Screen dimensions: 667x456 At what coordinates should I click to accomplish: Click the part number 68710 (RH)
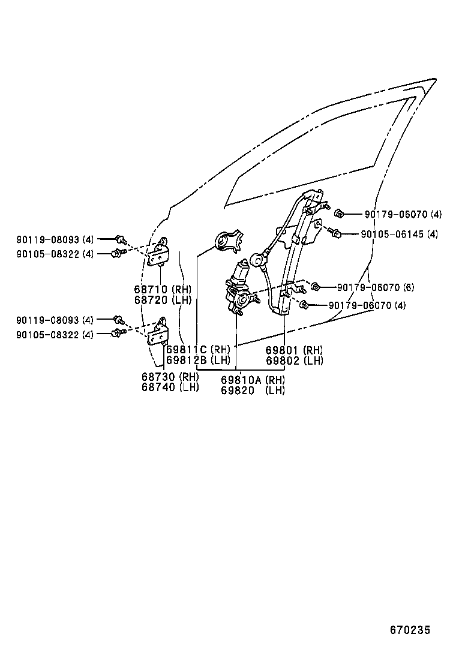coord(162,289)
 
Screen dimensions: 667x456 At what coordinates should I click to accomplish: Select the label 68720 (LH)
coord(162,299)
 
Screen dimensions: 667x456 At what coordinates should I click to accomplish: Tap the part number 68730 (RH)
coord(170,377)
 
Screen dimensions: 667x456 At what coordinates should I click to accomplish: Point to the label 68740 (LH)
coord(170,387)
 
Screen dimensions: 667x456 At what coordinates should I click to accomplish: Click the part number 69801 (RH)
coord(294,350)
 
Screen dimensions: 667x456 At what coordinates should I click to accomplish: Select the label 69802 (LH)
coord(294,360)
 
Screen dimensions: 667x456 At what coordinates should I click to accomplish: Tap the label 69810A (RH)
coord(253,380)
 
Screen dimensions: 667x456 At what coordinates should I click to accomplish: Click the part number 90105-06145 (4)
coord(399,234)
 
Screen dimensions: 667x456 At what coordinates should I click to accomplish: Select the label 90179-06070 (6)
coord(375,288)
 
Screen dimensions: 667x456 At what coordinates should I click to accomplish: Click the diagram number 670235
coord(410,630)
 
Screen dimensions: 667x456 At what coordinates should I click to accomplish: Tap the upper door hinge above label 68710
coord(159,253)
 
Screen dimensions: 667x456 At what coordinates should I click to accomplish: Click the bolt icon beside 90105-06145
coord(337,233)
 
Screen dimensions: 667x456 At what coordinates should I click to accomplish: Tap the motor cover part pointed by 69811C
coord(229,241)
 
